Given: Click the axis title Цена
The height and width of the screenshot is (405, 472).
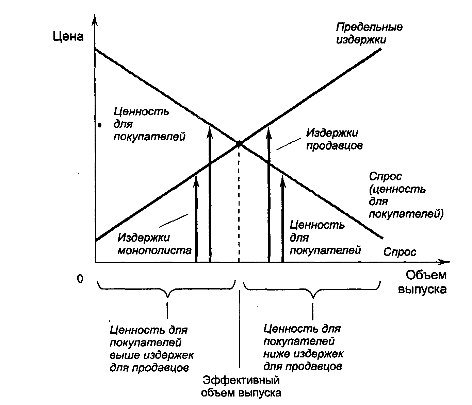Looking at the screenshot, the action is [68, 36].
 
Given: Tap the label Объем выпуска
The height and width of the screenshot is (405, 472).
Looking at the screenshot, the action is [422, 282].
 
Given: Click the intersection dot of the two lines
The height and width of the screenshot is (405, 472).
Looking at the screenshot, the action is [239, 144].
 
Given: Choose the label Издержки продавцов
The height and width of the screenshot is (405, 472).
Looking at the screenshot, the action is [334, 139].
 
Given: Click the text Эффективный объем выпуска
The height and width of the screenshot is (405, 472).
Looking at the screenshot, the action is [241, 386].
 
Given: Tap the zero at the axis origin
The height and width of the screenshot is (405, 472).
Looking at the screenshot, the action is [80, 279].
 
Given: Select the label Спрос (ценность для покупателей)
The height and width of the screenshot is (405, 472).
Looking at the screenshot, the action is [406, 195].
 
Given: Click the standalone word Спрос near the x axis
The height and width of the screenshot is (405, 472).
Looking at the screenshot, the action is [400, 252].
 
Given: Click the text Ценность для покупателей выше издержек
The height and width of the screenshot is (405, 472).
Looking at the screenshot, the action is [151, 349].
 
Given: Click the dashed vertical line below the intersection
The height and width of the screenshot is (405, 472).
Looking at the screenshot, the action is [239, 204].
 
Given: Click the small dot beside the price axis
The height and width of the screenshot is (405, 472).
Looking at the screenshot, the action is [99, 125].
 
